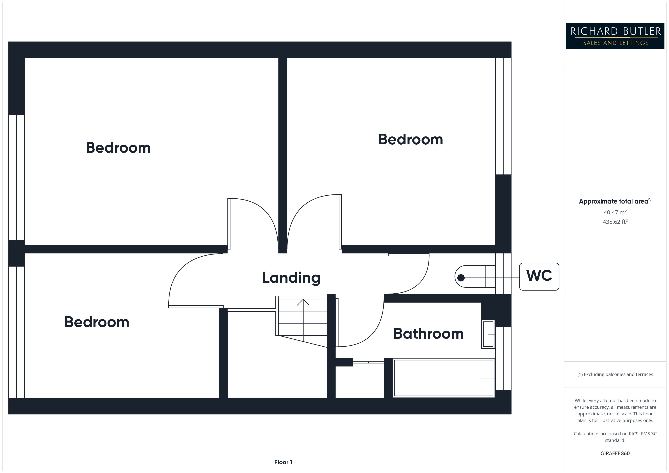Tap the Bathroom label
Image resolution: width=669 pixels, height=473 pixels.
pos(428,334)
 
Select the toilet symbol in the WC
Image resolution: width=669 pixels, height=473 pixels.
pos(475,276)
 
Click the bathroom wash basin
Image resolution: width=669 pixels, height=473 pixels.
pos(488,334)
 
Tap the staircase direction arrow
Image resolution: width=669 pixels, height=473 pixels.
pos(303,303)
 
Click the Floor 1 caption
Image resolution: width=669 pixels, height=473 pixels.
pos(283,462)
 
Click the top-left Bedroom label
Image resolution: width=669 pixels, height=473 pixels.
pos(118,148)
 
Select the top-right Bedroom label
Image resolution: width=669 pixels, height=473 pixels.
pos(410,139)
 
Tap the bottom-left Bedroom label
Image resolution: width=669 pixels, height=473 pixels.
pos(97,322)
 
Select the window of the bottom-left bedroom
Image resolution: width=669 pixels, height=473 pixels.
pos(16,332)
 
